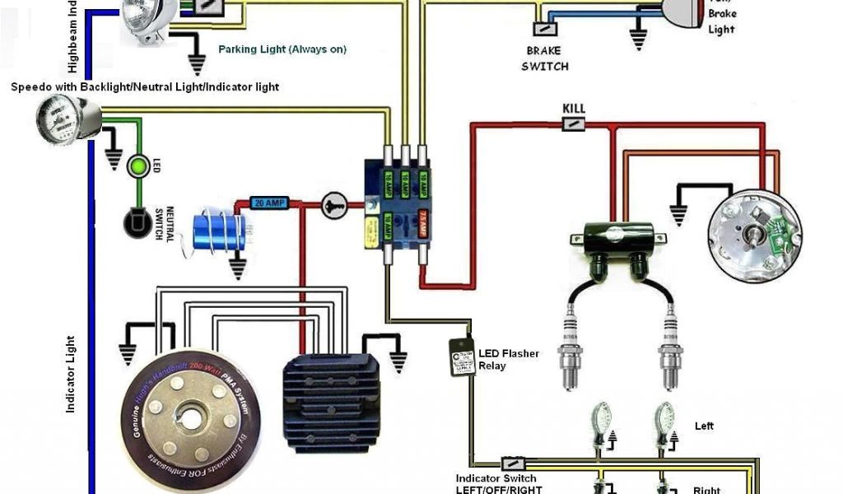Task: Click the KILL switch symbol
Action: [574, 123]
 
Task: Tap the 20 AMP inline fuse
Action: [270, 203]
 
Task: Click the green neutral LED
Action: [137, 167]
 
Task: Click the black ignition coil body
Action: [612, 240]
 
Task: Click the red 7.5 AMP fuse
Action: [423, 223]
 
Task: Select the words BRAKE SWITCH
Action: [545, 58]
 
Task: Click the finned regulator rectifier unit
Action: [330, 403]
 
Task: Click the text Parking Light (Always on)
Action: [282, 49]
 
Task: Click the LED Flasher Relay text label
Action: [509, 359]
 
